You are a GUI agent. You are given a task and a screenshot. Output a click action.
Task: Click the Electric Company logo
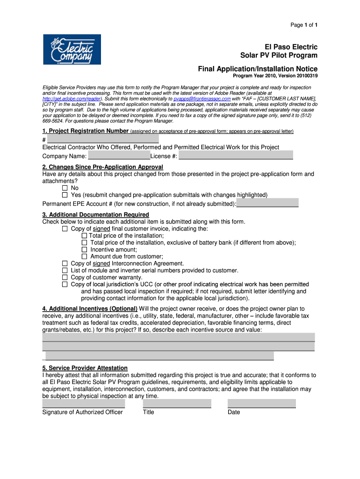tap(72, 49)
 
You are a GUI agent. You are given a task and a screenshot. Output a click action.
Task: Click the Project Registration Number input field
tap(103, 139)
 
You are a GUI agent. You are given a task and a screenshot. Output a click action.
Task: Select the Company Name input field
tap(119, 155)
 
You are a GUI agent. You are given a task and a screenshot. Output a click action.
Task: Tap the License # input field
tap(236, 155)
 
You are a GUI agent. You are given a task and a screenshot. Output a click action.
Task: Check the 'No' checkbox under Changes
tap(65, 188)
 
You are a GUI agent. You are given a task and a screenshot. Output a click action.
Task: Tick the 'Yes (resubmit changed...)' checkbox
tap(65, 195)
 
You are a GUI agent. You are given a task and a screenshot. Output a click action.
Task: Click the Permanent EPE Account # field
tap(267, 203)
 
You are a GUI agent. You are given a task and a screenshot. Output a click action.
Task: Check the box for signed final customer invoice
tap(65, 229)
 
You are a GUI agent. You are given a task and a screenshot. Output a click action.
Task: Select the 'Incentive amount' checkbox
tap(85, 250)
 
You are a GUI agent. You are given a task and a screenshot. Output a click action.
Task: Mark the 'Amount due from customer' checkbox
tap(85, 257)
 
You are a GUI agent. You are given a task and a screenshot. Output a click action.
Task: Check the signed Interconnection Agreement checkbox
tap(65, 264)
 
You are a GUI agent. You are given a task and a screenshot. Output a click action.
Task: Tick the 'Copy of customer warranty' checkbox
tap(65, 277)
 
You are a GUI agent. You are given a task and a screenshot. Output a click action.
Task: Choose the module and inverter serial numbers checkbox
tap(65, 271)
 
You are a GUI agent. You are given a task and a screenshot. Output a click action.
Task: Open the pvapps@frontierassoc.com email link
tap(202, 99)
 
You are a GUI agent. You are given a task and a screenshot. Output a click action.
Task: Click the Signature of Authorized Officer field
tap(84, 403)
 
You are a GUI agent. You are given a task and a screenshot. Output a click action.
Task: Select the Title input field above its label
tap(177, 403)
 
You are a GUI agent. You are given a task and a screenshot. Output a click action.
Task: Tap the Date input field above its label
tap(261, 403)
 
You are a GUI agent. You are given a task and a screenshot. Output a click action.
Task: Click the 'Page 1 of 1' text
tap(304, 24)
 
